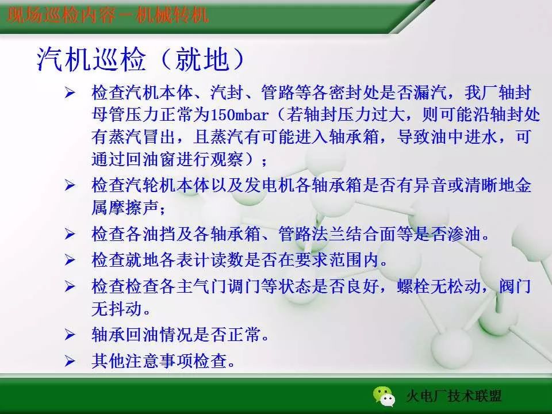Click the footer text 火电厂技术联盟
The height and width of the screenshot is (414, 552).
454,396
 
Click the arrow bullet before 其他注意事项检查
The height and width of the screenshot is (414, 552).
70,362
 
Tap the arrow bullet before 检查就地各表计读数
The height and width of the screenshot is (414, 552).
70,260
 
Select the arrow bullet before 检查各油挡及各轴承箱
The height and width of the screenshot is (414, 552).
70,234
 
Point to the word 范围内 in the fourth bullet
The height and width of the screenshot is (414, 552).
360,260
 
